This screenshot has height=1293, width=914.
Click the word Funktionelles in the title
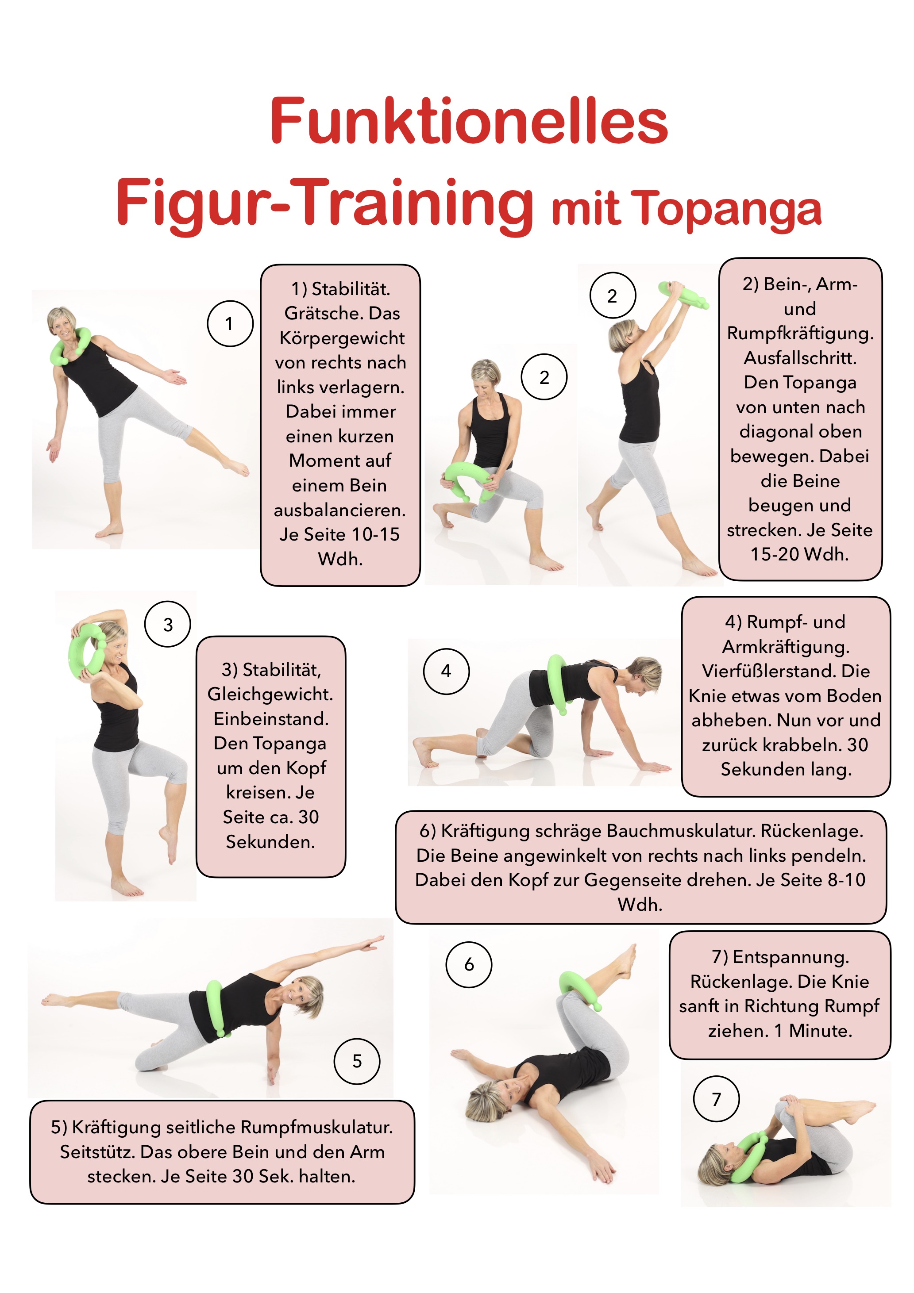point(469,121)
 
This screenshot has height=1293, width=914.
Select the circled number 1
point(230,324)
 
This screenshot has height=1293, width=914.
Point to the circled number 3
point(168,624)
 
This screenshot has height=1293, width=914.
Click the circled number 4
point(446,671)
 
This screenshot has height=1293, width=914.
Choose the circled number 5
point(357,1062)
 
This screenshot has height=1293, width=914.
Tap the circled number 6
point(469,965)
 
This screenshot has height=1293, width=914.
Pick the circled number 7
point(716,1099)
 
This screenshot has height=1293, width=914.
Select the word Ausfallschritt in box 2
point(800,357)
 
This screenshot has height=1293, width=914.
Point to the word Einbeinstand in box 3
point(270,718)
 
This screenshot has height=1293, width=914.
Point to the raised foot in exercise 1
point(235,466)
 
